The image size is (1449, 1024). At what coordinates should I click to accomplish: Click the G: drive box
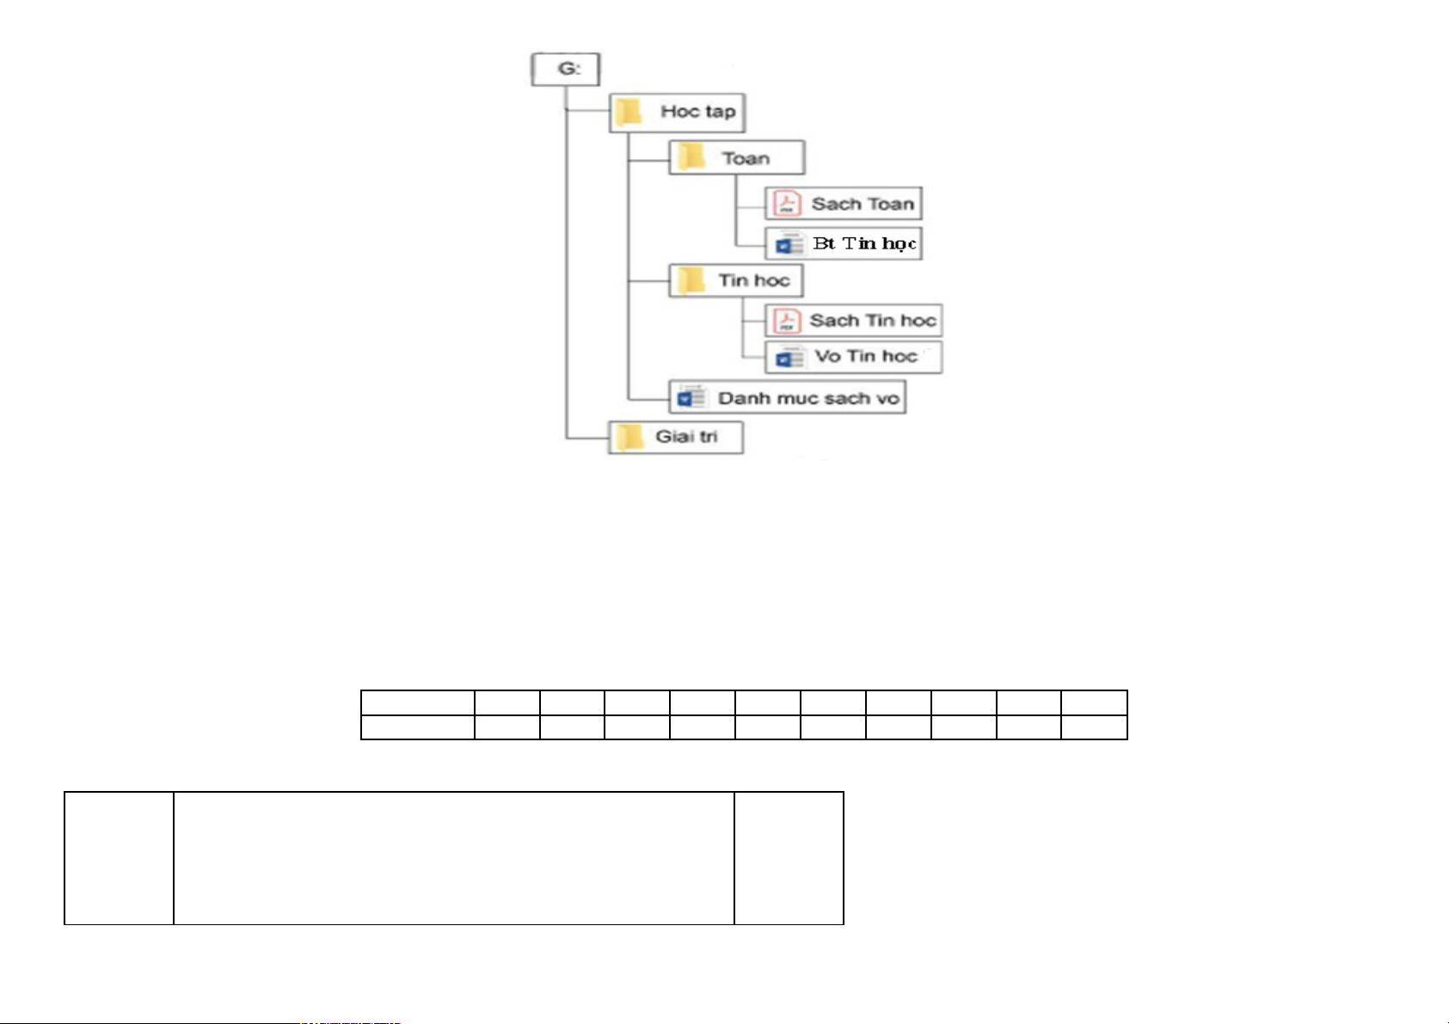tap(565, 70)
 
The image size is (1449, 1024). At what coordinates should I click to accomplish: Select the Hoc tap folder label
tap(698, 111)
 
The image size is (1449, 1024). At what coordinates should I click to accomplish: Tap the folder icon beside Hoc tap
tap(628, 112)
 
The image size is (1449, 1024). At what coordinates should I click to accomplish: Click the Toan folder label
tap(746, 158)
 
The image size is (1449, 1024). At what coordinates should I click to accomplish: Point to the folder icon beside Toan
tap(691, 156)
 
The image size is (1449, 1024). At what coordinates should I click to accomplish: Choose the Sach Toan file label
tap(863, 204)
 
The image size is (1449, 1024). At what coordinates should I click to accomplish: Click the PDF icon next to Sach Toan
tap(787, 203)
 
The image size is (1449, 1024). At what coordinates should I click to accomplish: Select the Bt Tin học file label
tap(864, 244)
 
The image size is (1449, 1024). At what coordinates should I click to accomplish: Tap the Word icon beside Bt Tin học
tap(789, 244)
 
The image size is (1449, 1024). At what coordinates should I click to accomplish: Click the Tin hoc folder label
tap(754, 281)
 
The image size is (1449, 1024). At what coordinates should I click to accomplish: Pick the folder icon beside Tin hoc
tap(691, 280)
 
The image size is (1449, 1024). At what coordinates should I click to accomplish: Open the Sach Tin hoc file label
tap(873, 320)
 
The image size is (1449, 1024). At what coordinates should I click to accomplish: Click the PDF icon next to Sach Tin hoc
tap(787, 321)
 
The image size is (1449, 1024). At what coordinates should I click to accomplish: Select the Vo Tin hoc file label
tap(865, 356)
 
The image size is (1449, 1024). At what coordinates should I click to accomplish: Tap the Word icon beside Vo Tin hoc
tap(789, 358)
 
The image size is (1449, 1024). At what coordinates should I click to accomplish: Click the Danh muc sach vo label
tap(808, 398)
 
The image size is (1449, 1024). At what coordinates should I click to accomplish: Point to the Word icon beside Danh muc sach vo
tap(691, 397)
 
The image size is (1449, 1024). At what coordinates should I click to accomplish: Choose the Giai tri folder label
tap(686, 437)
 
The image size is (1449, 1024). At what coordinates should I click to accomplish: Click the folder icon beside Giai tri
tap(629, 438)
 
